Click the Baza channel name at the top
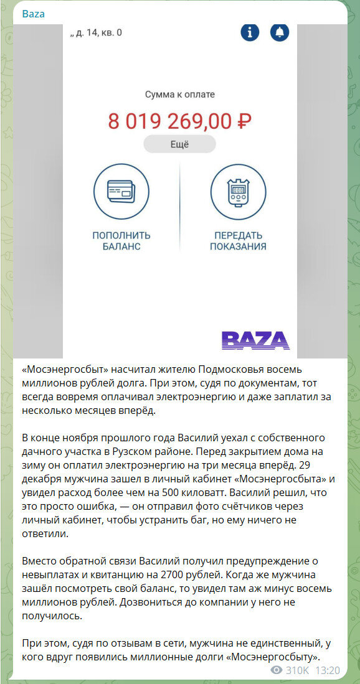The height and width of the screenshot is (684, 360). click(34, 14)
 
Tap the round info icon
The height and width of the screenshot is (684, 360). click(250, 33)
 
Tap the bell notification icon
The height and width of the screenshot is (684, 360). click(280, 33)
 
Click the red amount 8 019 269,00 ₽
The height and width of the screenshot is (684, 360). click(180, 120)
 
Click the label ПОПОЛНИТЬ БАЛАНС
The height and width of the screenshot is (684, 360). click(121, 241)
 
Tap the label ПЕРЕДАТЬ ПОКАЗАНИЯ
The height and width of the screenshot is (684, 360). click(238, 241)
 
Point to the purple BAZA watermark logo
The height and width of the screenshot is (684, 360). click(255, 340)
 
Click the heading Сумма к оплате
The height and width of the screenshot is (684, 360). click(180, 95)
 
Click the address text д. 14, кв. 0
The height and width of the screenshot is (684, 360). click(98, 32)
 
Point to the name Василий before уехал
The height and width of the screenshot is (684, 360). click(190, 438)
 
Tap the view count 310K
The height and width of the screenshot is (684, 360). click(297, 670)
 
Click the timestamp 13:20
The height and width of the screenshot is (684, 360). click(328, 670)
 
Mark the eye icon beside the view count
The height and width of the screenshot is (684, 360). click(277, 670)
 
